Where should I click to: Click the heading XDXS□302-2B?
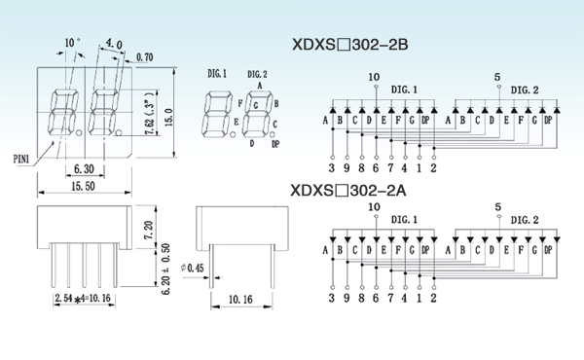[349, 45]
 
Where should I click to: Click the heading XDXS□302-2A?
[348, 191]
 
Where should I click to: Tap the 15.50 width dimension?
[83, 186]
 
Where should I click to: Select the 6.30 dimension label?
[84, 169]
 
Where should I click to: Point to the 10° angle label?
[72, 43]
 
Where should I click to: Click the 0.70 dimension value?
[144, 57]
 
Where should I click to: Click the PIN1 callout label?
[21, 159]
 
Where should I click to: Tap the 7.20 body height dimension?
[148, 230]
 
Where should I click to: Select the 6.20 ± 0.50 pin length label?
[166, 269]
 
